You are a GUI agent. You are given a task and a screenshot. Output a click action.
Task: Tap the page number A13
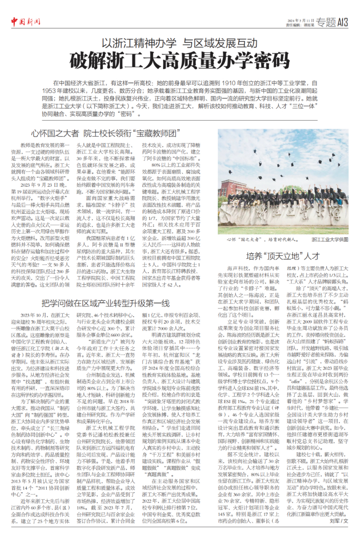[x=343, y=22]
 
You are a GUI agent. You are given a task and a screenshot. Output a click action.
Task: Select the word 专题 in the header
[x=326, y=22]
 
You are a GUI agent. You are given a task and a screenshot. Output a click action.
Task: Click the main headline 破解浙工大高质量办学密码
[x=180, y=61]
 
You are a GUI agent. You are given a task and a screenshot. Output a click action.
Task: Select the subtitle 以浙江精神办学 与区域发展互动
[x=180, y=43]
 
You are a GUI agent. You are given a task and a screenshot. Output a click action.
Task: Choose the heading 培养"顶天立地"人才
[x=283, y=256]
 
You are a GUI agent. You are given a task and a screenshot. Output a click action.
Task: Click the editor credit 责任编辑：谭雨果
[x=299, y=25]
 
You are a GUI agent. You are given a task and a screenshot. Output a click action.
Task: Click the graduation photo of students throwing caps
[x=283, y=182]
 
